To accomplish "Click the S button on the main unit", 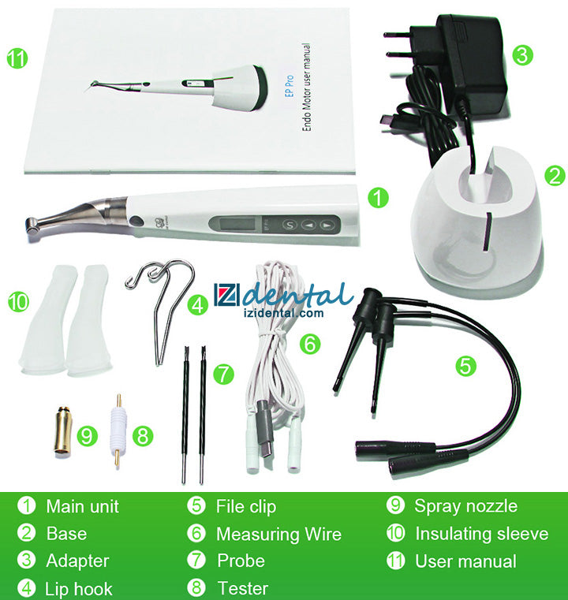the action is click(x=290, y=225).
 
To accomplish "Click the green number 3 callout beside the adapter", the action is click(x=522, y=54).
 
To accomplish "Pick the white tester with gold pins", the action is click(x=118, y=430).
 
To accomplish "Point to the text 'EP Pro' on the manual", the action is click(x=290, y=86).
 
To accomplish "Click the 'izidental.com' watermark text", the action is click(x=283, y=313).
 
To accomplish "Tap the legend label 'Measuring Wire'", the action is click(x=278, y=534).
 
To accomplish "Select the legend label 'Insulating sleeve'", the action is click(x=482, y=534).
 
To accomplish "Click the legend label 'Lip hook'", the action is click(x=79, y=589).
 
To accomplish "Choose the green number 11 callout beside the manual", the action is click(x=17, y=58).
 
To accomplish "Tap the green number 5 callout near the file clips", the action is click(x=465, y=366).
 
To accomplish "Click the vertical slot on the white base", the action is click(x=488, y=232).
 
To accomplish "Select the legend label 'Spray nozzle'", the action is click(x=465, y=506).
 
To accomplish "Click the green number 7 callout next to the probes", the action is click(x=223, y=374).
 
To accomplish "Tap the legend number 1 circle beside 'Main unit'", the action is click(x=27, y=505).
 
